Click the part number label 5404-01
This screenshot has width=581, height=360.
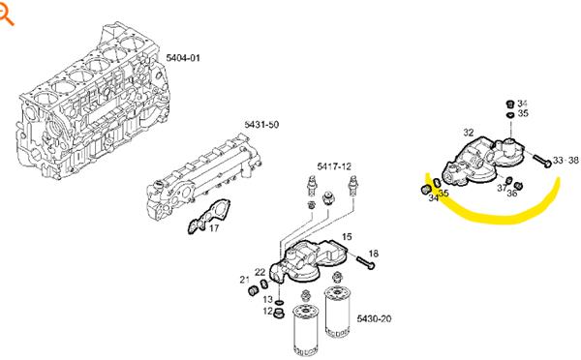183,58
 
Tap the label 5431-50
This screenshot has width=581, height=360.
261,125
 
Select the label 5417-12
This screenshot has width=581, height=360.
334,166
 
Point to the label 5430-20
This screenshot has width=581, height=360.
374,318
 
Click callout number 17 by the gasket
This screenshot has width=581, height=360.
214,228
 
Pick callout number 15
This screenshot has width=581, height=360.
347,237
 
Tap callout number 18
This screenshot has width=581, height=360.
374,254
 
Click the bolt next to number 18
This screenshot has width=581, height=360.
366,262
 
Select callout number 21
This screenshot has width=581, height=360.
245,280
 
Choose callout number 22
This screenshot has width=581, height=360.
260,272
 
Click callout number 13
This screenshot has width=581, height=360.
268,299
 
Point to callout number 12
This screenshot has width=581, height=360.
268,311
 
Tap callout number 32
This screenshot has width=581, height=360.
469,133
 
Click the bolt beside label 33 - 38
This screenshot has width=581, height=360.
542,161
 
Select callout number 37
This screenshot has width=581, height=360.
502,188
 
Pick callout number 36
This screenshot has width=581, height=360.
511,194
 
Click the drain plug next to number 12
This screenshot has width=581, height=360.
279,313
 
